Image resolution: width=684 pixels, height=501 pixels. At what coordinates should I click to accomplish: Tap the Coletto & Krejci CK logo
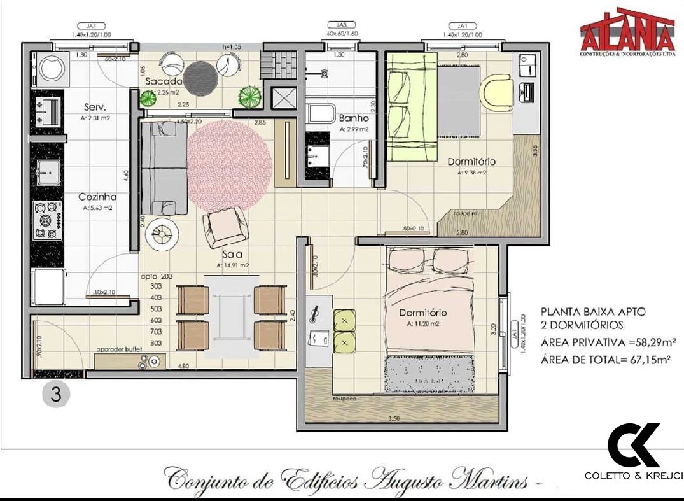tap(632, 445)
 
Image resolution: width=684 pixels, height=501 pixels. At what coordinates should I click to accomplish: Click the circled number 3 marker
tap(55, 394)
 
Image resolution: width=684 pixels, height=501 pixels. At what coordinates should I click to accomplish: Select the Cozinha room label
tap(97, 197)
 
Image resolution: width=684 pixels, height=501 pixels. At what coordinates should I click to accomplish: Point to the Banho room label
tap(354, 118)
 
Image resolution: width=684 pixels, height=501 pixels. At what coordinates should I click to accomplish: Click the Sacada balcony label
tap(164, 82)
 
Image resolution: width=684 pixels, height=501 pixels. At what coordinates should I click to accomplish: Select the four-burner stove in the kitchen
tap(47, 220)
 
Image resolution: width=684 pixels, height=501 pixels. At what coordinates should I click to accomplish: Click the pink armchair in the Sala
tap(225, 227)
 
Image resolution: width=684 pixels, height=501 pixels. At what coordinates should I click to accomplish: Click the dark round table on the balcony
tap(201, 76)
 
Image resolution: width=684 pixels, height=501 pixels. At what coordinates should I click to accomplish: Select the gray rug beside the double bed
tap(430, 374)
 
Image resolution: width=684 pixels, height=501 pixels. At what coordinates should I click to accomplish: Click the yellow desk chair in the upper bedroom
tap(495, 93)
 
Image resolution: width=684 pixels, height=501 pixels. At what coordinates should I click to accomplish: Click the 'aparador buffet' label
tap(118, 349)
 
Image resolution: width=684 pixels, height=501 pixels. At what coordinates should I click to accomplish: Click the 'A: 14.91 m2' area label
tap(232, 265)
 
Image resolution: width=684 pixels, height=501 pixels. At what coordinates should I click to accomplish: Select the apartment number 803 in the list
tap(155, 343)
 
